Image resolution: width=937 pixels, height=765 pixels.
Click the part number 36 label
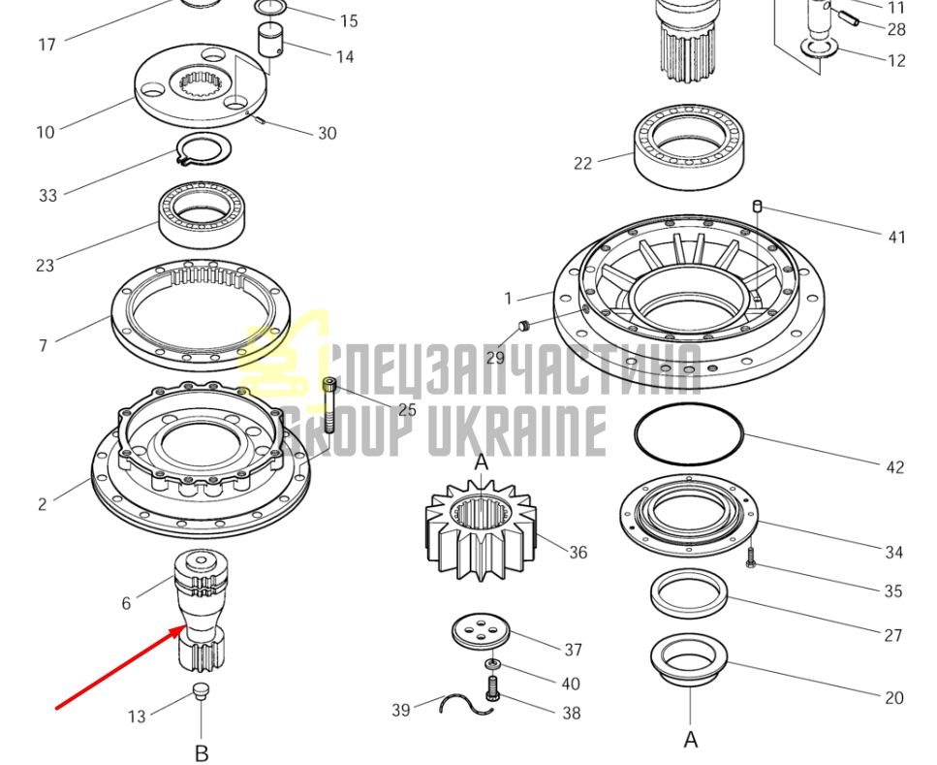[x=578, y=552]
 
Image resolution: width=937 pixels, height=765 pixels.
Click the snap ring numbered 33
[x=203, y=150]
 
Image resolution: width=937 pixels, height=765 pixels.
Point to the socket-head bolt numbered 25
[x=329, y=405]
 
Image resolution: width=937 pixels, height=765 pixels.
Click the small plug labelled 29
[x=524, y=326]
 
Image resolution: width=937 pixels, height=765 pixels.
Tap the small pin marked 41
[x=757, y=207]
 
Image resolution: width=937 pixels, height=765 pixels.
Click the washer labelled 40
[x=493, y=664]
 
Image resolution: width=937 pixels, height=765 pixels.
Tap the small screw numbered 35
[x=751, y=558]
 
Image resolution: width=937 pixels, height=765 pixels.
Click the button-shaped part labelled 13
[x=201, y=690]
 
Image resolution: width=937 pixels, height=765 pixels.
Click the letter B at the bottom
[x=202, y=753]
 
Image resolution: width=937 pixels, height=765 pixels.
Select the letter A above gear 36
[x=481, y=462]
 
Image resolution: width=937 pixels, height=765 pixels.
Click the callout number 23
[x=45, y=265]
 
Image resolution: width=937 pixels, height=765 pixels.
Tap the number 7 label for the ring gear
[x=43, y=346]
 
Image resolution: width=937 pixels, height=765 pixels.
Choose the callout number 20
[x=894, y=697]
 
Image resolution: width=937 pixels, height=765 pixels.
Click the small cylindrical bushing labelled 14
[x=270, y=40]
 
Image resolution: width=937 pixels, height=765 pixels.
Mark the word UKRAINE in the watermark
[x=517, y=430]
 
